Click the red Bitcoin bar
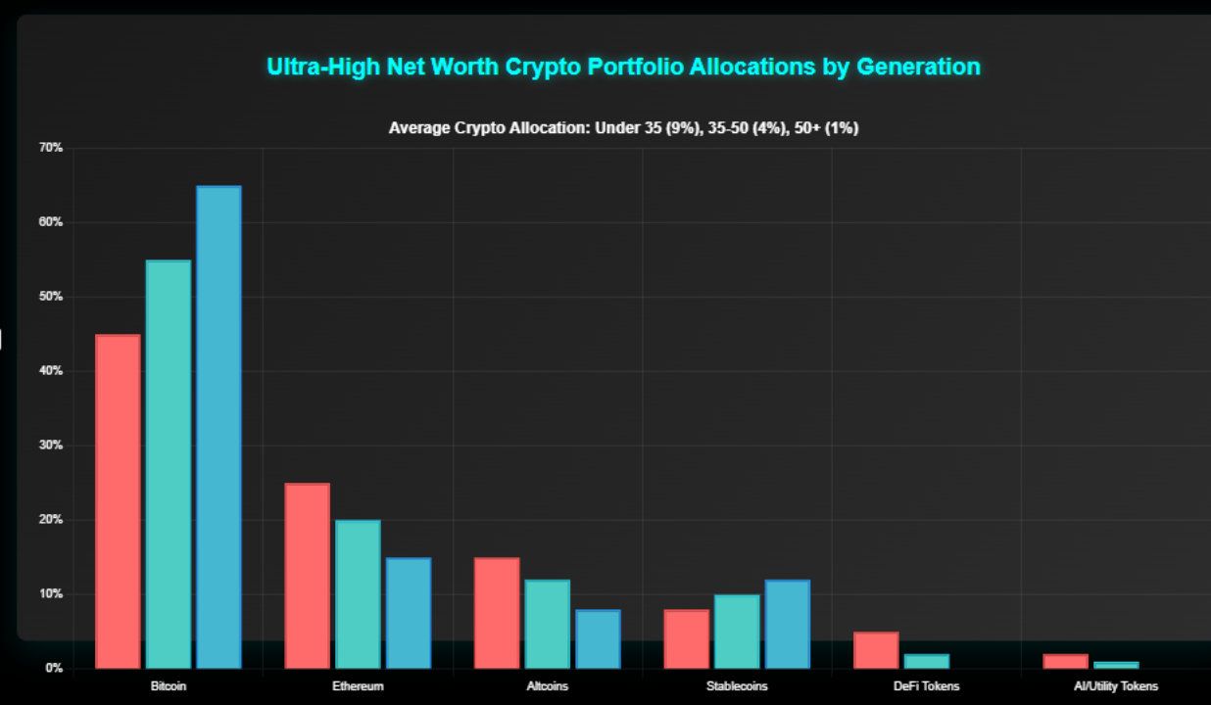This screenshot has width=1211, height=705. click(118, 501)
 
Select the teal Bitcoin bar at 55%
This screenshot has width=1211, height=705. click(169, 464)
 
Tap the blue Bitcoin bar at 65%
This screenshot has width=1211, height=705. click(218, 427)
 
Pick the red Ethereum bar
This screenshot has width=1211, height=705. click(307, 576)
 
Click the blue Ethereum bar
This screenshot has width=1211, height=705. click(409, 613)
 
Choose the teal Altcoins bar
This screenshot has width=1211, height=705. click(547, 624)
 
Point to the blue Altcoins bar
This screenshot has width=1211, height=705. click(598, 638)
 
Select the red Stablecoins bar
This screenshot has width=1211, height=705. click(686, 638)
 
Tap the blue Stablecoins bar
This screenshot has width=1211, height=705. click(787, 624)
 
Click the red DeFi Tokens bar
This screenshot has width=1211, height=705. click(876, 650)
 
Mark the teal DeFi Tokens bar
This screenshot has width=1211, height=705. click(926, 661)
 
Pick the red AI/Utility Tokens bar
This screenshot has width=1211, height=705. click(1065, 661)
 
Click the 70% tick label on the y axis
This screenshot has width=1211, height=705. click(51, 148)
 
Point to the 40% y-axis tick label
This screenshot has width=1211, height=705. click(51, 371)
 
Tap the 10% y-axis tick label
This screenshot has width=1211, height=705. click(51, 594)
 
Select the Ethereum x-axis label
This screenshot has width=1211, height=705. click(358, 686)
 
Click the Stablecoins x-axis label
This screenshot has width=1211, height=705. click(737, 686)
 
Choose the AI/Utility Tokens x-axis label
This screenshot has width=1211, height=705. click(1115, 686)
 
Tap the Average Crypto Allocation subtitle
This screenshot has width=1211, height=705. click(623, 128)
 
